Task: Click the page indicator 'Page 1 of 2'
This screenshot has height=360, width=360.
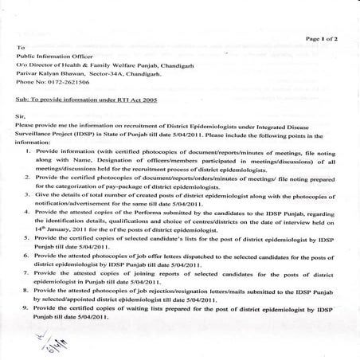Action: coord(320,38)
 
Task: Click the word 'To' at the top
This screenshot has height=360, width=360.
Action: coord(20,48)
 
